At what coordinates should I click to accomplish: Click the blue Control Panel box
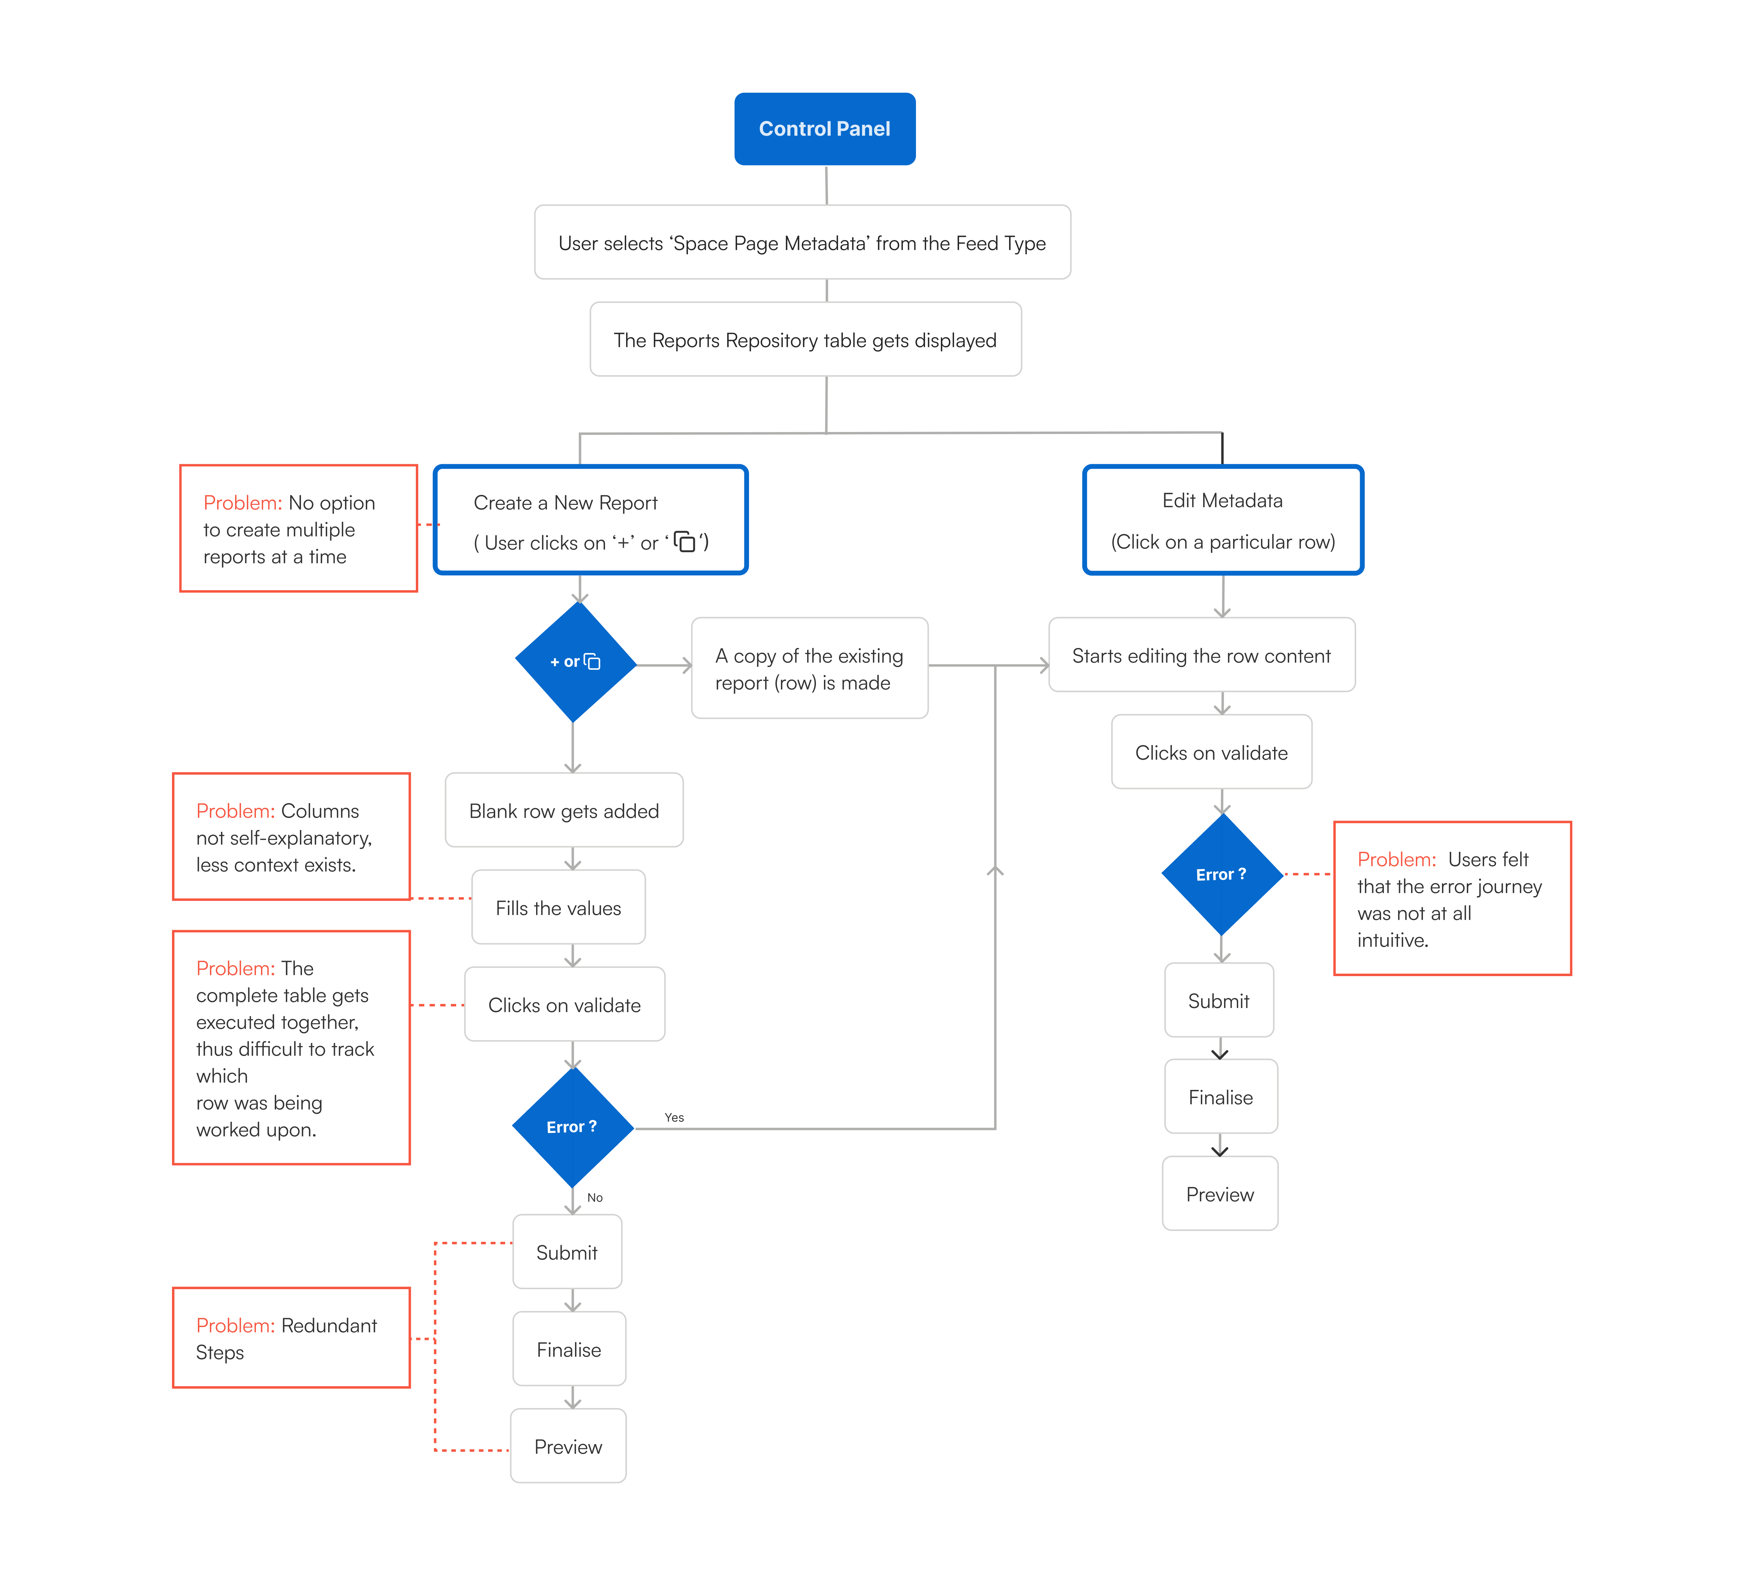pos(824,129)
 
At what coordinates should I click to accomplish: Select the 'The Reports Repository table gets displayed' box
pos(805,339)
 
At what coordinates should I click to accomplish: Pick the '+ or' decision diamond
pos(575,662)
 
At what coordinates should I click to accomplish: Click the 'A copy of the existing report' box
pos(810,668)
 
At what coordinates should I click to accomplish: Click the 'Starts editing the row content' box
pos(1202,655)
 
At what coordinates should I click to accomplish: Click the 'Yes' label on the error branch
pos(674,1118)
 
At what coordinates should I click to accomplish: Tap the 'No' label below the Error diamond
pos(595,1198)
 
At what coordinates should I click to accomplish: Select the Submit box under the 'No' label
pos(567,1252)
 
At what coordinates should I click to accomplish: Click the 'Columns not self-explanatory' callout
pos(292,836)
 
